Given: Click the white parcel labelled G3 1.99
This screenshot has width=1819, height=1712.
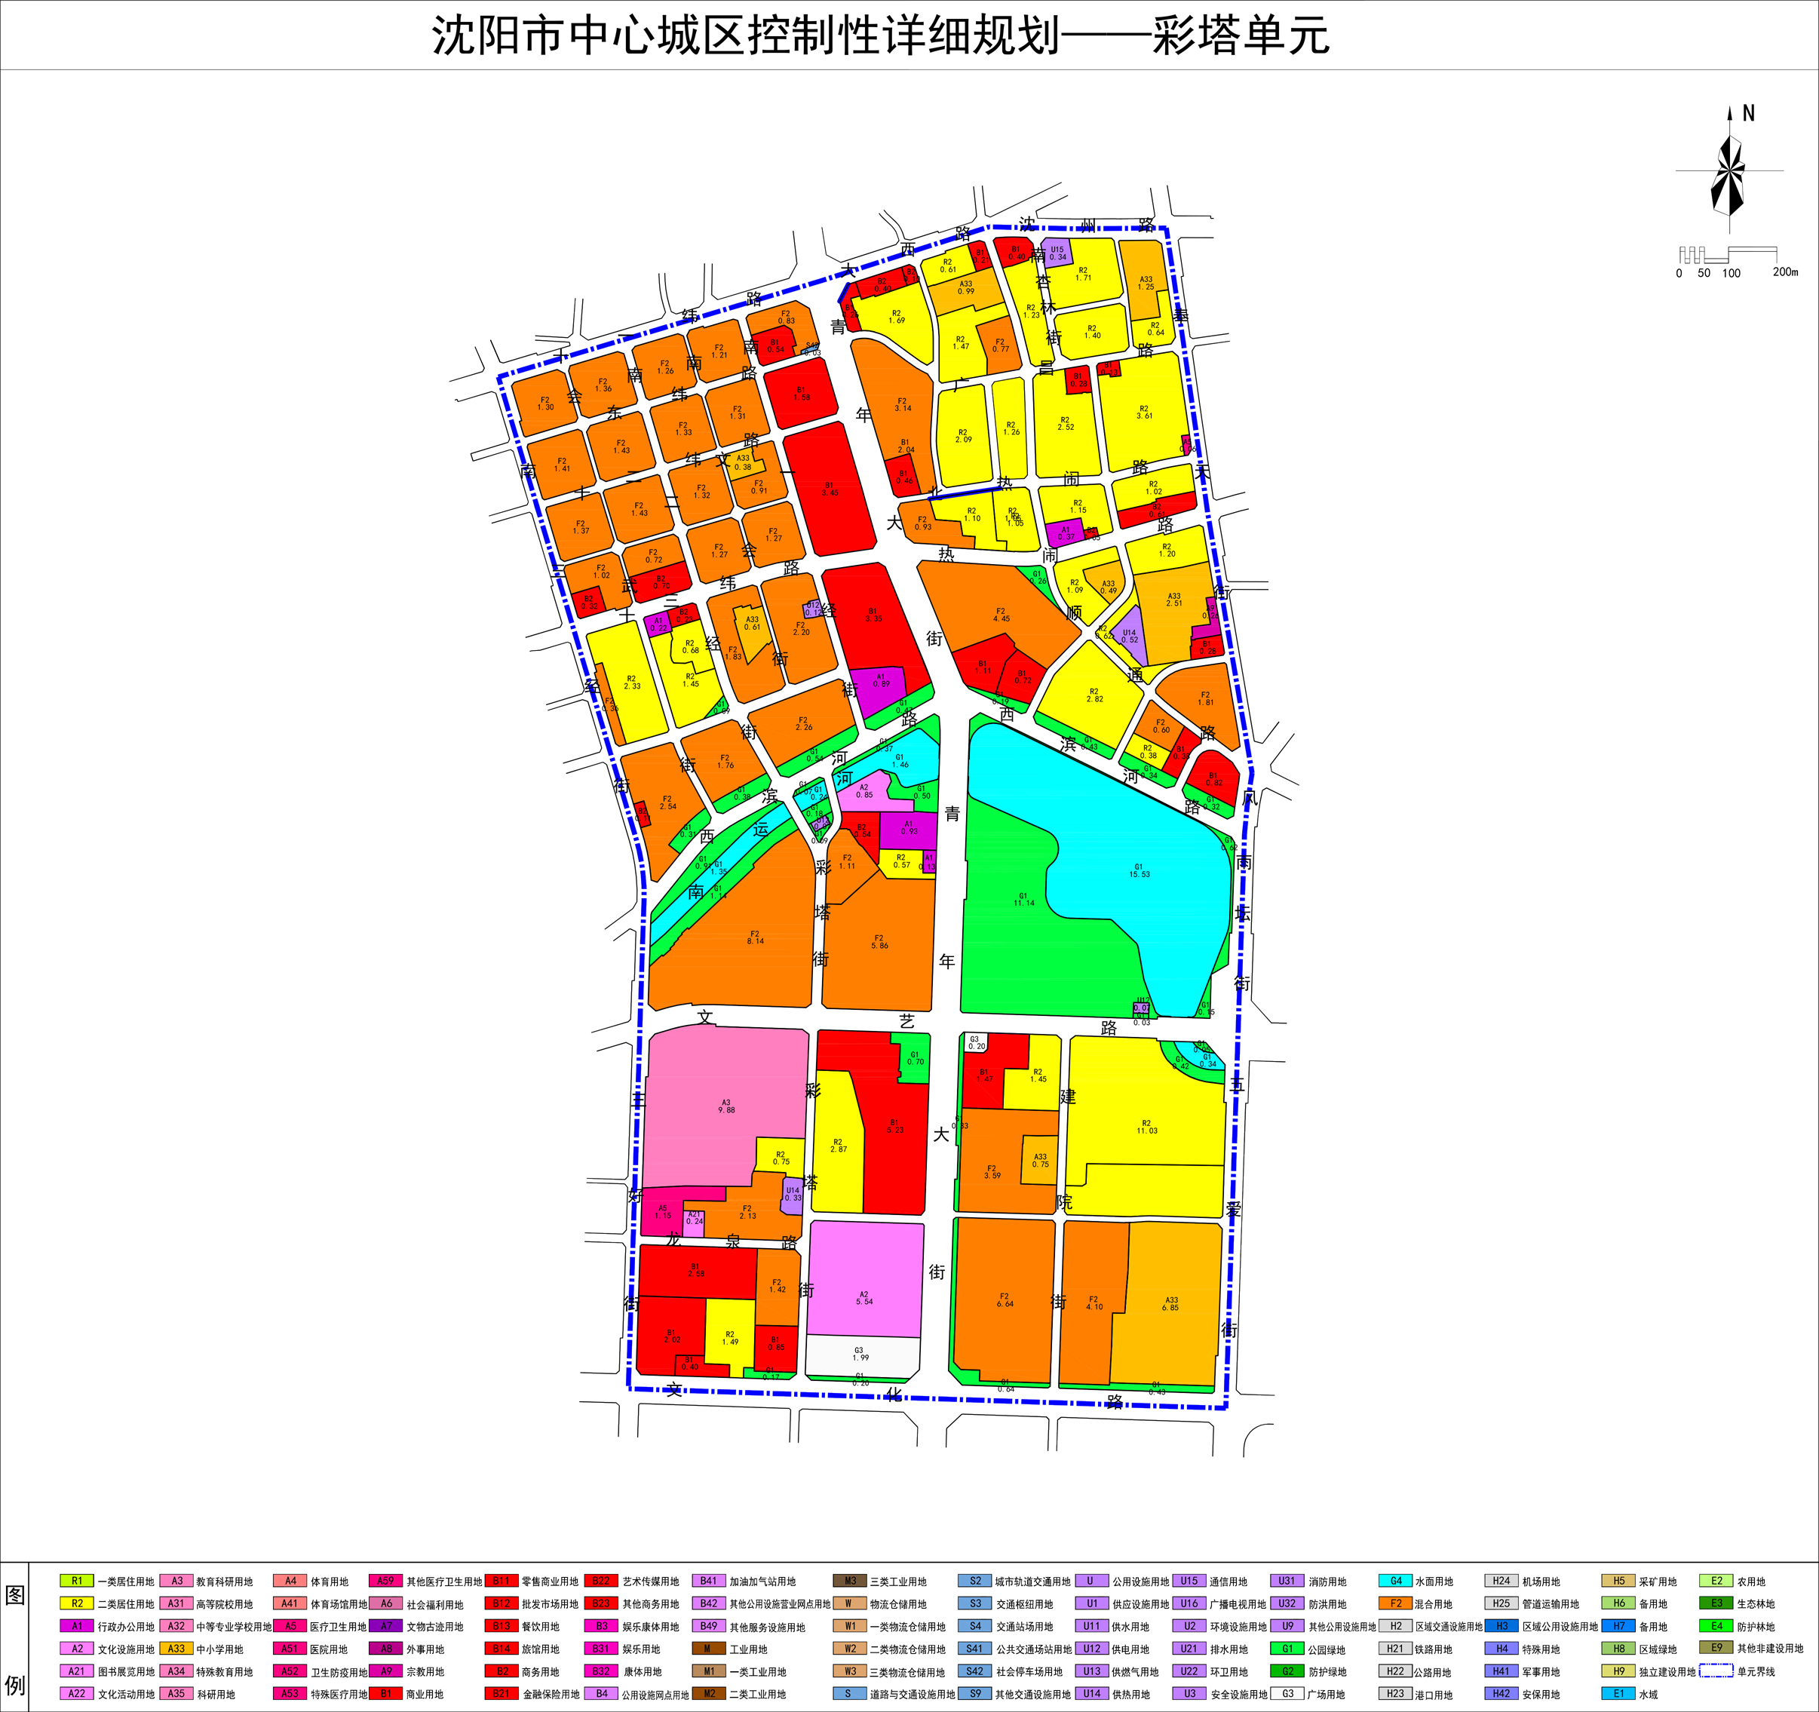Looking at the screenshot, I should click(x=860, y=1356).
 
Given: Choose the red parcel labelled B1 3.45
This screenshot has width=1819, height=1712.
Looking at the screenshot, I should click(x=828, y=489).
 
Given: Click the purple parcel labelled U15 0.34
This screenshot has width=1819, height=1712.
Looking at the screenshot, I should click(x=1058, y=252).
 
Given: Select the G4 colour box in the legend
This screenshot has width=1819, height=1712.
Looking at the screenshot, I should click(x=1395, y=1580).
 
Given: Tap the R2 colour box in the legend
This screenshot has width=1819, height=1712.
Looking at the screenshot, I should click(x=77, y=1603).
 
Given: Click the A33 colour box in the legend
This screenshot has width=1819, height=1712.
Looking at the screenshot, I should click(x=176, y=1649).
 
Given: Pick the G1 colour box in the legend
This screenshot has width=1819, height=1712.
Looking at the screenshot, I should click(x=1287, y=1649).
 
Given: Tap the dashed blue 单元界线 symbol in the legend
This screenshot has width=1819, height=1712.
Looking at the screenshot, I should click(x=1716, y=1671).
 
